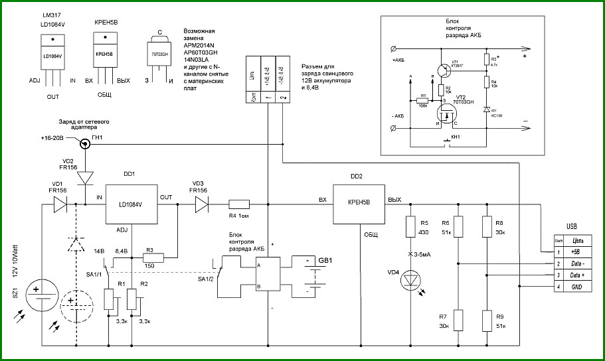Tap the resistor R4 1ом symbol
[238, 204]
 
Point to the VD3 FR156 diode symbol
[199, 204]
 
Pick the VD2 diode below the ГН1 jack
[85, 179]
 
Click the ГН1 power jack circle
[85, 144]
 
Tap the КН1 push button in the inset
[446, 141]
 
